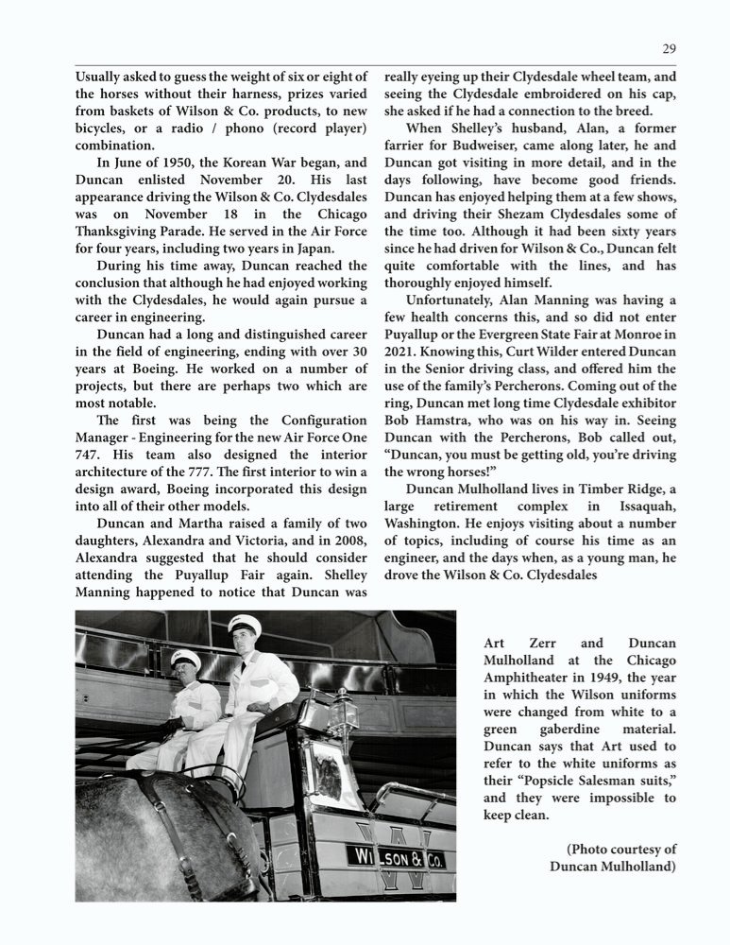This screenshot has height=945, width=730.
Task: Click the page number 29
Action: click(x=669, y=49)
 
